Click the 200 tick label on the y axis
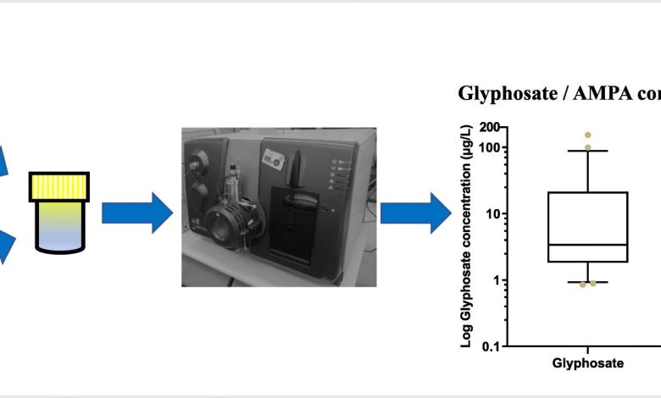click(x=491, y=127)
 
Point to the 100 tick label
click(x=491, y=148)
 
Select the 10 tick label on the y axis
click(x=494, y=214)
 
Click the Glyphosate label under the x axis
click(x=587, y=363)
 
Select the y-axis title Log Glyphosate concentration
click(x=466, y=237)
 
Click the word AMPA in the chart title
click(x=603, y=93)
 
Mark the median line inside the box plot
click(x=587, y=245)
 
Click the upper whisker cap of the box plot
click(x=587, y=151)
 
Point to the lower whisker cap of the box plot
click(x=587, y=282)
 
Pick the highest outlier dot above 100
click(x=587, y=135)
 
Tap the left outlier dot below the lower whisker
click(x=582, y=285)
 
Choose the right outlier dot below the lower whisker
click(x=593, y=284)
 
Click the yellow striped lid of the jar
click(x=59, y=187)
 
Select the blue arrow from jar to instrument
click(x=137, y=213)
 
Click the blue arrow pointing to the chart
click(x=416, y=213)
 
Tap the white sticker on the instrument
click(x=273, y=160)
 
